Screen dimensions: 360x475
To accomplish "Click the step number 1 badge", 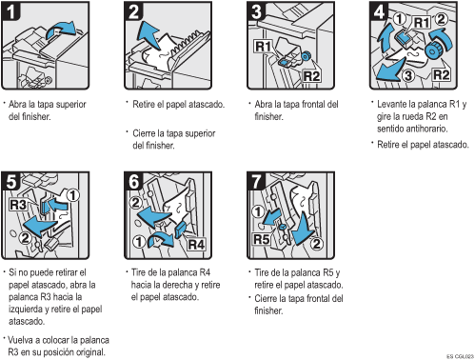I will point(12,11).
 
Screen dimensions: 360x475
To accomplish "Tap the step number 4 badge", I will point(378,11).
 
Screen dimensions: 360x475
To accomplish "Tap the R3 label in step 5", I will point(19,203).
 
